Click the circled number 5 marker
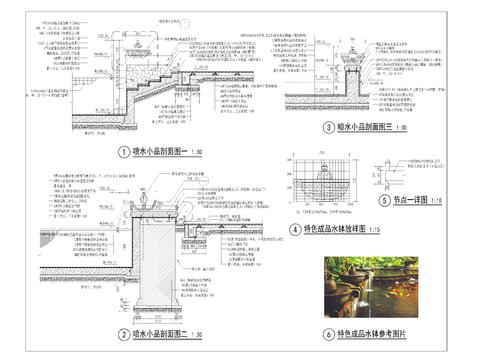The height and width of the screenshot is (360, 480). [x=384, y=199]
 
